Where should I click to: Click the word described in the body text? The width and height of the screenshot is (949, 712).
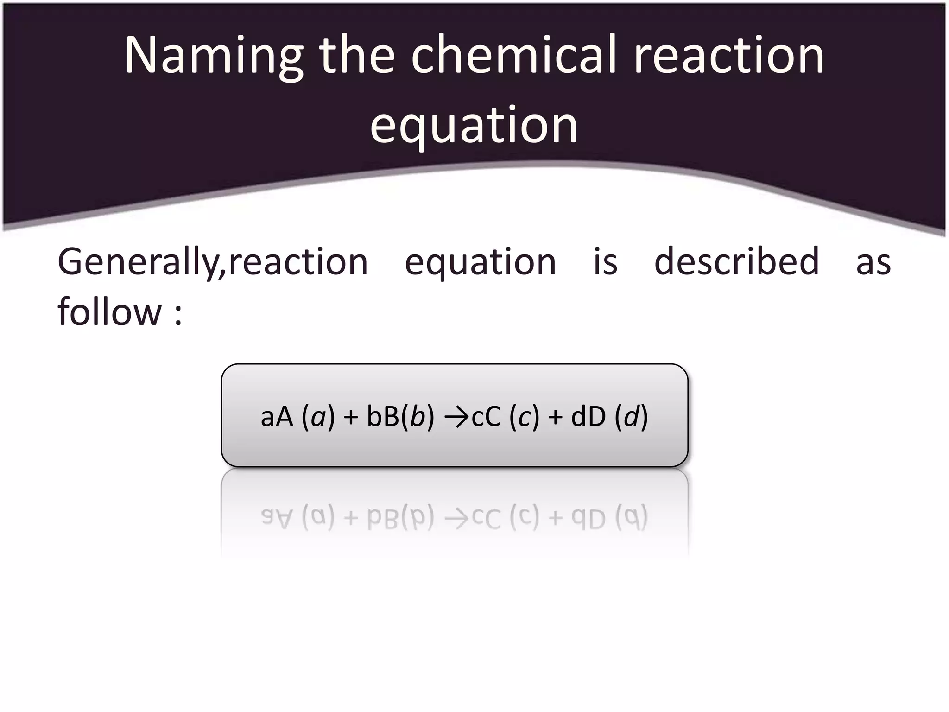click(736, 262)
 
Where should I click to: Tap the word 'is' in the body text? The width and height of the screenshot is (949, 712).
click(605, 262)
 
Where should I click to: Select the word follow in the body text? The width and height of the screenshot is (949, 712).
click(109, 311)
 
